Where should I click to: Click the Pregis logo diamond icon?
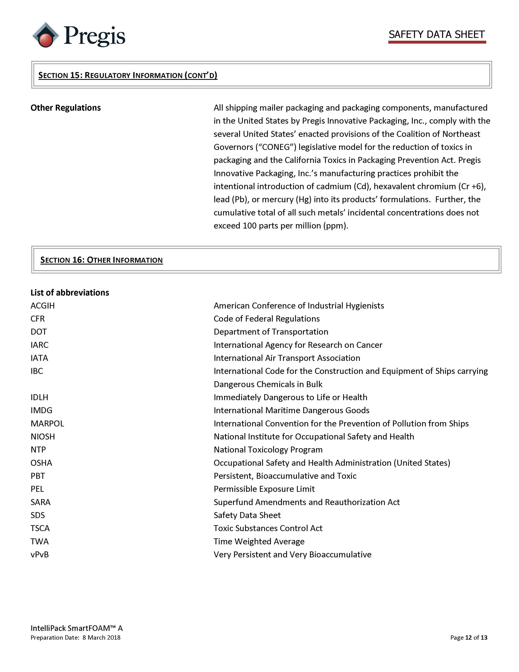[x=45, y=35]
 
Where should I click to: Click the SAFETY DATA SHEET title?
[x=436, y=34]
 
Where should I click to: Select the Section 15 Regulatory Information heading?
[x=128, y=75]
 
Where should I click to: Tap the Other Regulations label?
[x=65, y=108]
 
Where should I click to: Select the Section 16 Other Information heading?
[x=102, y=260]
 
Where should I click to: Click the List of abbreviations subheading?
[x=69, y=293]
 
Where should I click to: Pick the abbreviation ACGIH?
[x=42, y=306]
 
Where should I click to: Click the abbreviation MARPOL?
[x=47, y=423]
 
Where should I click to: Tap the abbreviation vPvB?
[x=39, y=554]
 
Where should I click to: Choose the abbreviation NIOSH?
[x=43, y=437]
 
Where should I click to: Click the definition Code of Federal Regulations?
[x=267, y=319]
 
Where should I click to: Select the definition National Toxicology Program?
[x=268, y=449]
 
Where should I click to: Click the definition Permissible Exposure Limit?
[x=264, y=489]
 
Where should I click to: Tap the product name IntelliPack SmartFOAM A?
[x=76, y=628]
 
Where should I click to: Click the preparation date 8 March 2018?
[x=101, y=638]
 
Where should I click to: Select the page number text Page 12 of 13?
[x=468, y=638]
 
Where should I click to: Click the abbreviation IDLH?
[x=39, y=397]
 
